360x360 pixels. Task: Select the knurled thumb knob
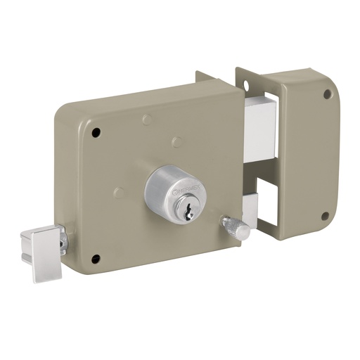[234, 228]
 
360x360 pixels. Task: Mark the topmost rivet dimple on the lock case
[146, 120]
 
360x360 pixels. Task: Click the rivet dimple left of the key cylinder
[120, 192]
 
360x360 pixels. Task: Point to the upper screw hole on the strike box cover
[327, 94]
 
